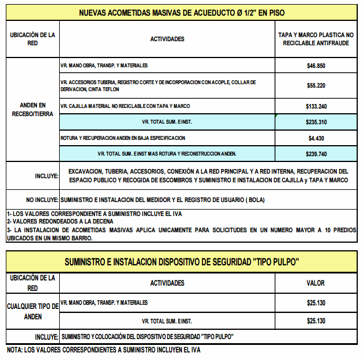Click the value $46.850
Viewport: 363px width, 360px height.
coord(316,66)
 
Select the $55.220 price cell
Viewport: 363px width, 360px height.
coord(316,85)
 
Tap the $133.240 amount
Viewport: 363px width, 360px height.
coord(316,106)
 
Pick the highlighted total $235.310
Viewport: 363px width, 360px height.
coord(316,123)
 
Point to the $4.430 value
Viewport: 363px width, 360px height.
coord(316,138)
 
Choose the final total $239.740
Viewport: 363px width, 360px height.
coord(316,154)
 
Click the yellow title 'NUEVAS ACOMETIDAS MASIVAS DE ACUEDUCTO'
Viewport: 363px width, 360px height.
coord(181,12)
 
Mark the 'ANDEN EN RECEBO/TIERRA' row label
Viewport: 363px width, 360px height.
coord(33,110)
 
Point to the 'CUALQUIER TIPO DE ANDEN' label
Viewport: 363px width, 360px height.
coord(33,311)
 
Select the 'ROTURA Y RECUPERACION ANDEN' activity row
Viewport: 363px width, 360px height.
coord(123,138)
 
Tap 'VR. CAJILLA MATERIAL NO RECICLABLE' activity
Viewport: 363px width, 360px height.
coord(125,106)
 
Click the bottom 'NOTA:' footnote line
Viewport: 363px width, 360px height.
coord(103,350)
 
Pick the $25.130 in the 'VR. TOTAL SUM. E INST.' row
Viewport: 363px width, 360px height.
coord(316,321)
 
